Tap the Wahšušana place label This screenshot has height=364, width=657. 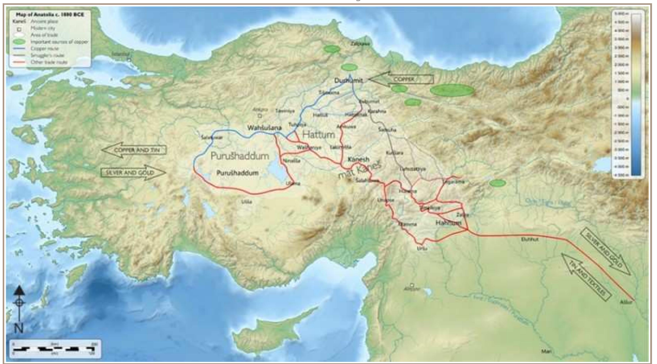(265, 128)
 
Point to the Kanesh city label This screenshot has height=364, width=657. (358, 159)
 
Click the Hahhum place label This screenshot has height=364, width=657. (448, 223)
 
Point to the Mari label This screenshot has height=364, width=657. (546, 351)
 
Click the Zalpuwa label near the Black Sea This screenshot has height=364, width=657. (360, 44)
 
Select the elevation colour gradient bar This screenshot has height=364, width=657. (636, 94)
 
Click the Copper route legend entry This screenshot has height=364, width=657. (45, 48)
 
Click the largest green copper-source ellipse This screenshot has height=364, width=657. (452, 90)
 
